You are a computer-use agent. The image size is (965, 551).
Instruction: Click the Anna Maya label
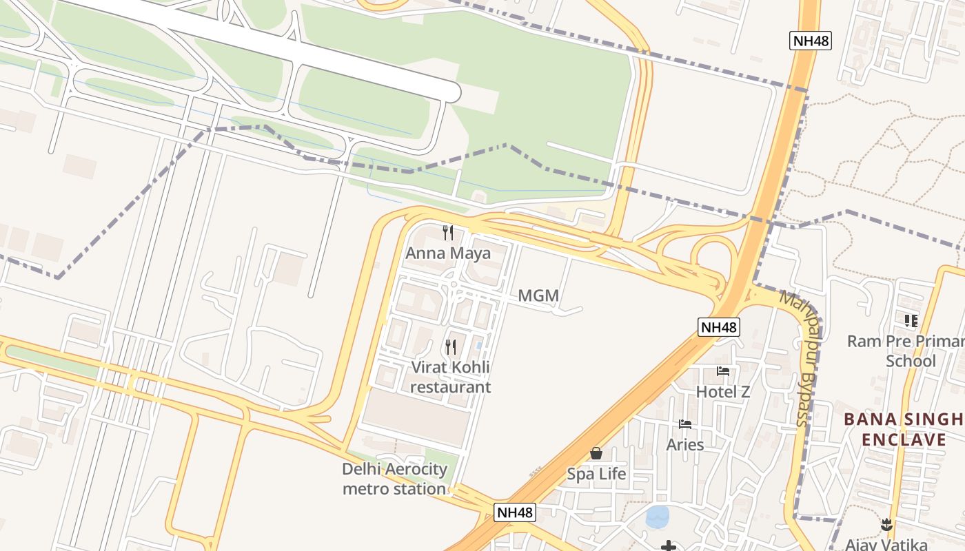(x=448, y=253)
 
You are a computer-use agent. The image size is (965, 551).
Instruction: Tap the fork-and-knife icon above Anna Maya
(x=448, y=232)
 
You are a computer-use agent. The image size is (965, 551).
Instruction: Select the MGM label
(x=538, y=296)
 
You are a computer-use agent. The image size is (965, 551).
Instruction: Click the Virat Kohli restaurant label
(x=451, y=377)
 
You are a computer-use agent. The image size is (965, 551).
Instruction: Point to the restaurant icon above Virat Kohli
(x=451, y=346)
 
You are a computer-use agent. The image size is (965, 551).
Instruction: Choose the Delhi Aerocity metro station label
(x=395, y=479)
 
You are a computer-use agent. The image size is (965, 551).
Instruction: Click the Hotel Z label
(x=722, y=392)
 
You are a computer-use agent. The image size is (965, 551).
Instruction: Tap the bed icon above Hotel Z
(x=723, y=371)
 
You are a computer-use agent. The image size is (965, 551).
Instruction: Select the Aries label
(x=685, y=444)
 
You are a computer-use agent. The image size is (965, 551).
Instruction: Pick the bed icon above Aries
(x=685, y=424)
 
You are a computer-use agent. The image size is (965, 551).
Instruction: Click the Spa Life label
(x=596, y=474)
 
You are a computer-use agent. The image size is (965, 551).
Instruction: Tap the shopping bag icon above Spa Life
(x=596, y=453)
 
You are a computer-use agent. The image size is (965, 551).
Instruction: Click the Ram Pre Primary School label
(x=905, y=351)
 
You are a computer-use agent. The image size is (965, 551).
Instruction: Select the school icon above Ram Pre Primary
(x=911, y=321)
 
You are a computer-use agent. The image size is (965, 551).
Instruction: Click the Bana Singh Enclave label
(x=903, y=429)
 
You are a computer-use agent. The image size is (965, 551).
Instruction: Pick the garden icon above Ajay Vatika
(x=886, y=525)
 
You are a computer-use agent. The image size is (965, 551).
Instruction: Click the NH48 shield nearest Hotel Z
(x=719, y=327)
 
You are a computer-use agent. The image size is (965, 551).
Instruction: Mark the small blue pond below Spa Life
(x=657, y=517)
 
